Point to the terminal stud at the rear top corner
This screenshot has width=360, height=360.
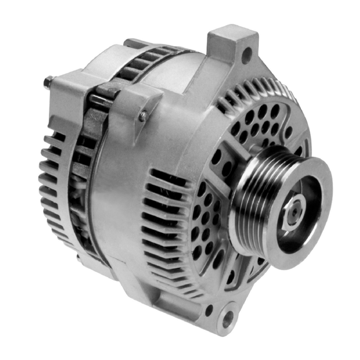[47, 83]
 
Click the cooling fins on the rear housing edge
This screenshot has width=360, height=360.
[50, 187]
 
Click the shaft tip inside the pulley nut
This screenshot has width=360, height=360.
[294, 212]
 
